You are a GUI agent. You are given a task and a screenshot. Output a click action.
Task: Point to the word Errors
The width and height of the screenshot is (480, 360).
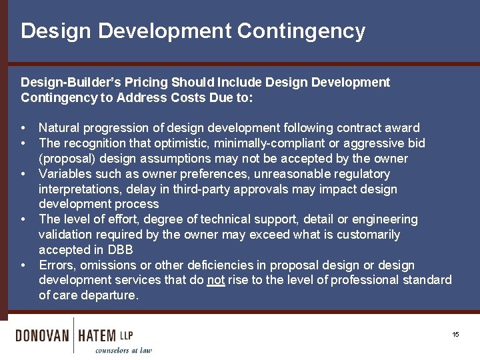[x=57, y=265]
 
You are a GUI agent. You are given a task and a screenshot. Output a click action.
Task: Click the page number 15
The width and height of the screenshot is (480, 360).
[x=456, y=335]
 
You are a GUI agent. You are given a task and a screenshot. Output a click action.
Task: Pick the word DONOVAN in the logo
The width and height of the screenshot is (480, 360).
[x=42, y=335]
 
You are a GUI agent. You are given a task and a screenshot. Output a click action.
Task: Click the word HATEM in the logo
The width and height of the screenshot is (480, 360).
[x=97, y=335]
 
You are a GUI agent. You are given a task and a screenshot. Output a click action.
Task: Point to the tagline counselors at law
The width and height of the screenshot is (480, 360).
[x=123, y=350]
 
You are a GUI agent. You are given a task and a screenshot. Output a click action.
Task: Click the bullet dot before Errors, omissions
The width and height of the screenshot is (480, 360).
[x=23, y=265]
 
